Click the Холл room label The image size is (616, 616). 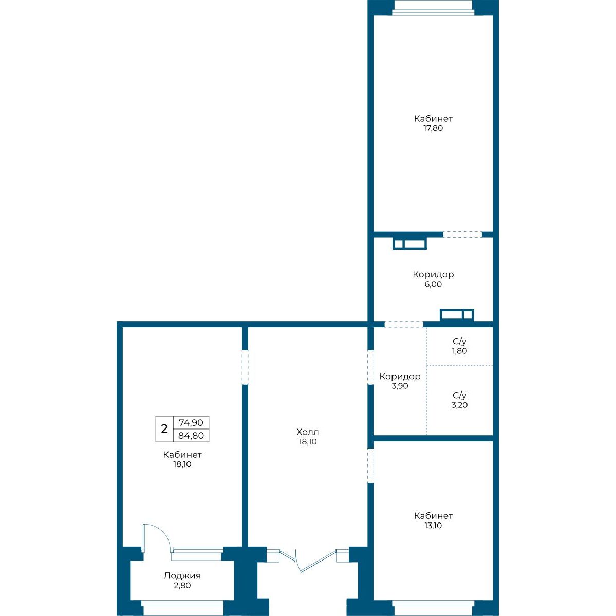coord(308,432)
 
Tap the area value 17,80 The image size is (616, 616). coord(433,128)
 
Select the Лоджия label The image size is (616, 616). coord(182,576)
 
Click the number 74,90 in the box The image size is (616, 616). coord(191,423)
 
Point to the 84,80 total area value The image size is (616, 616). coord(191,436)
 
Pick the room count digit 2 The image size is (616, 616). coord(164,428)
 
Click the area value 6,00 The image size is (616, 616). coord(433,285)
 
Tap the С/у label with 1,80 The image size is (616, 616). coord(459,341)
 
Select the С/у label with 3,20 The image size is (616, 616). coord(459,396)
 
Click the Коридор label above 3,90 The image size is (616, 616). coord(400,377)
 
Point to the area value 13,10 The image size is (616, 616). coord(433,526)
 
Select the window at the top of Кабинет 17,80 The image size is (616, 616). coord(433,8)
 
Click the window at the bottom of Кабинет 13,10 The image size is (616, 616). coord(433,608)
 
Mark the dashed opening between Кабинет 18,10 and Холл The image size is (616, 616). coord(245,366)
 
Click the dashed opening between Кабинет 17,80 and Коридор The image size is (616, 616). coord(462,235)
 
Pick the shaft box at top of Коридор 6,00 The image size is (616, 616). coord(410,244)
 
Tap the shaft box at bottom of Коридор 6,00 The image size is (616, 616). coord(457,314)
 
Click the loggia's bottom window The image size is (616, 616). coord(182,608)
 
